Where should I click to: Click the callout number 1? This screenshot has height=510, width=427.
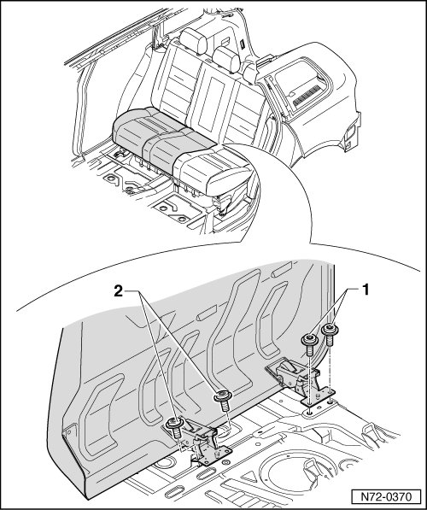coord(366,290)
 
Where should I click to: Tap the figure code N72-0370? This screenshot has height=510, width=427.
coord(386,496)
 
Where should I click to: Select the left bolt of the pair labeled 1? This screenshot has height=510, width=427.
coord(308,345)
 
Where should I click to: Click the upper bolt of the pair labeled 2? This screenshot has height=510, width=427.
coord(223,401)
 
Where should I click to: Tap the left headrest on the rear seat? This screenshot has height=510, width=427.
coord(193,41)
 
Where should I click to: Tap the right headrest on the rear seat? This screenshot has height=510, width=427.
coord(226,59)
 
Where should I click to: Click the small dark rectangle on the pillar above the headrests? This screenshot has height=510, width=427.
coord(243,44)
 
